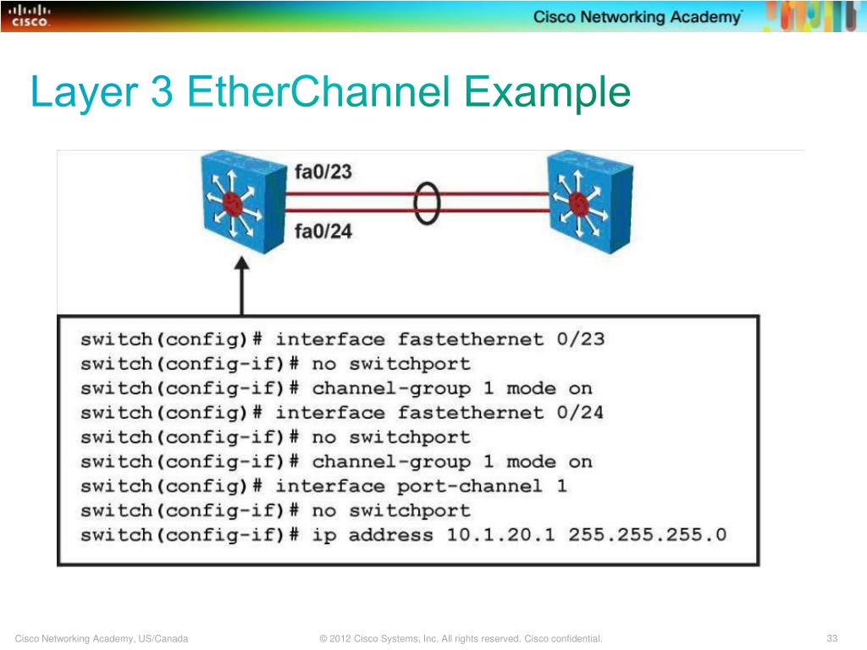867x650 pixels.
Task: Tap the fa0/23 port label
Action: (323, 173)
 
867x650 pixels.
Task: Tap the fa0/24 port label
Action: (323, 229)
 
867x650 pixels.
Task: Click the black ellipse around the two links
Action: (428, 201)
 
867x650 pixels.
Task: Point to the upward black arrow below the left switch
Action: (242, 288)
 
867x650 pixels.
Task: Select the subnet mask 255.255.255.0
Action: (647, 535)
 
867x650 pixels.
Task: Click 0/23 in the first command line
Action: (580, 339)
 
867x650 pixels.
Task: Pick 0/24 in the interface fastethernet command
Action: (580, 413)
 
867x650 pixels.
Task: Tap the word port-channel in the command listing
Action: (469, 487)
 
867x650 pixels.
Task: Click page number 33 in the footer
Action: (831, 638)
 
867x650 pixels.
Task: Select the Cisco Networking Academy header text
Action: (638, 18)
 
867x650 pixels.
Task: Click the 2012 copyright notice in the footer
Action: (461, 638)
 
